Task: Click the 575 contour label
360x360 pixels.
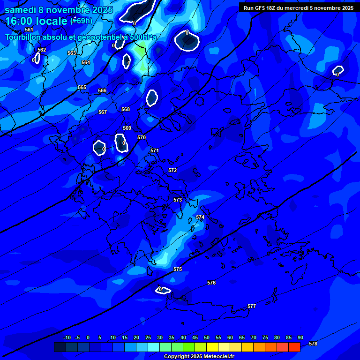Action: pyautogui.click(x=178, y=270)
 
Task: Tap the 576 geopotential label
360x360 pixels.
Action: pyautogui.click(x=211, y=283)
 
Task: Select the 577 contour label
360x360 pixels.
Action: pyautogui.click(x=252, y=306)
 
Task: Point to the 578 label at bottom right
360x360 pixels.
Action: pyautogui.click(x=313, y=344)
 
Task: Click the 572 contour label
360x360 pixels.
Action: pyautogui.click(x=172, y=171)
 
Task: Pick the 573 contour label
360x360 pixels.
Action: pyautogui.click(x=178, y=200)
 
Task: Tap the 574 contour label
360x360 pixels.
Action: pyautogui.click(x=200, y=217)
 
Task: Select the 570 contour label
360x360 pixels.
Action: pyautogui.click(x=142, y=138)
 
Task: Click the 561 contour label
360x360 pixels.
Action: pyautogui.click(x=29, y=30)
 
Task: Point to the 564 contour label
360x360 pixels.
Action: pyautogui.click(x=86, y=63)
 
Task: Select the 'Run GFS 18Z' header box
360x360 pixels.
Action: pyautogui.click(x=298, y=7)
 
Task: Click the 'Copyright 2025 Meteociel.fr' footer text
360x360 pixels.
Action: pyautogui.click(x=199, y=357)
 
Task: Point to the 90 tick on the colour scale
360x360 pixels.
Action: pyautogui.click(x=300, y=338)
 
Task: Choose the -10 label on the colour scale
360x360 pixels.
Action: pyautogui.click(x=67, y=338)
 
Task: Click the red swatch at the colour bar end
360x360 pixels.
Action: pyautogui.click(x=294, y=347)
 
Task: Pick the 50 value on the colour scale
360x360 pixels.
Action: pyautogui.click(x=207, y=338)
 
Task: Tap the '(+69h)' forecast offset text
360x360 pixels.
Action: pyautogui.click(x=81, y=21)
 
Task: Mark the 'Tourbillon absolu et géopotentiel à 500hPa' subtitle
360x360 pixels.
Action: pyautogui.click(x=81, y=37)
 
